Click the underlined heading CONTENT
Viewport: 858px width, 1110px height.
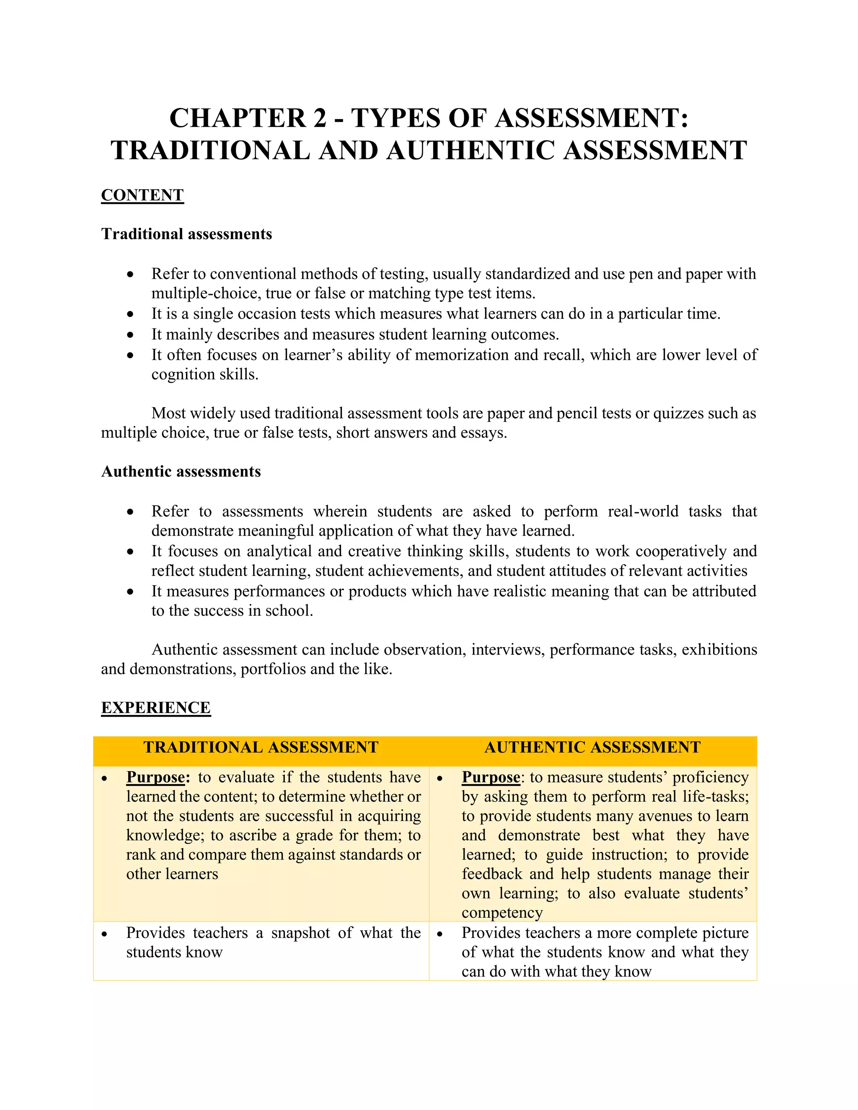click(142, 195)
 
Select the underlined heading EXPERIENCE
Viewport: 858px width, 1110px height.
click(155, 707)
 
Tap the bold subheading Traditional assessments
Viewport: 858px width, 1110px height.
click(186, 234)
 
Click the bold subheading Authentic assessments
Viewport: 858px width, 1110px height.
click(181, 471)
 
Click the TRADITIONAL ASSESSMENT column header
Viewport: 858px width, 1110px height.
click(261, 747)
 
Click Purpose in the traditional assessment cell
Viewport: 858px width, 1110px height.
click(155, 777)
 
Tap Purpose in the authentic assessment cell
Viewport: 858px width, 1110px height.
click(491, 777)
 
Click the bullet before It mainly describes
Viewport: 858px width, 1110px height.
click(131, 335)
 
